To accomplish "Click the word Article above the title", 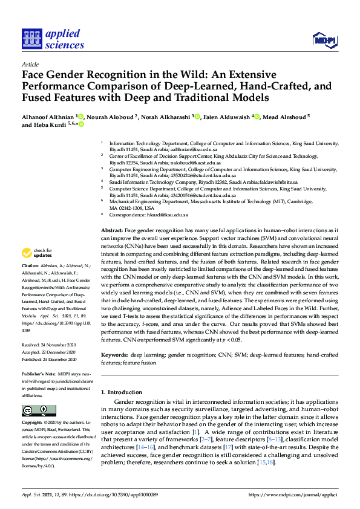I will tap(30, 64).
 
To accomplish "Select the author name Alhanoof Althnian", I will tap(48, 116).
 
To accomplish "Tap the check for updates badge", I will tap(38, 252).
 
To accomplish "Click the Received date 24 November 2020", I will tap(47, 345).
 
